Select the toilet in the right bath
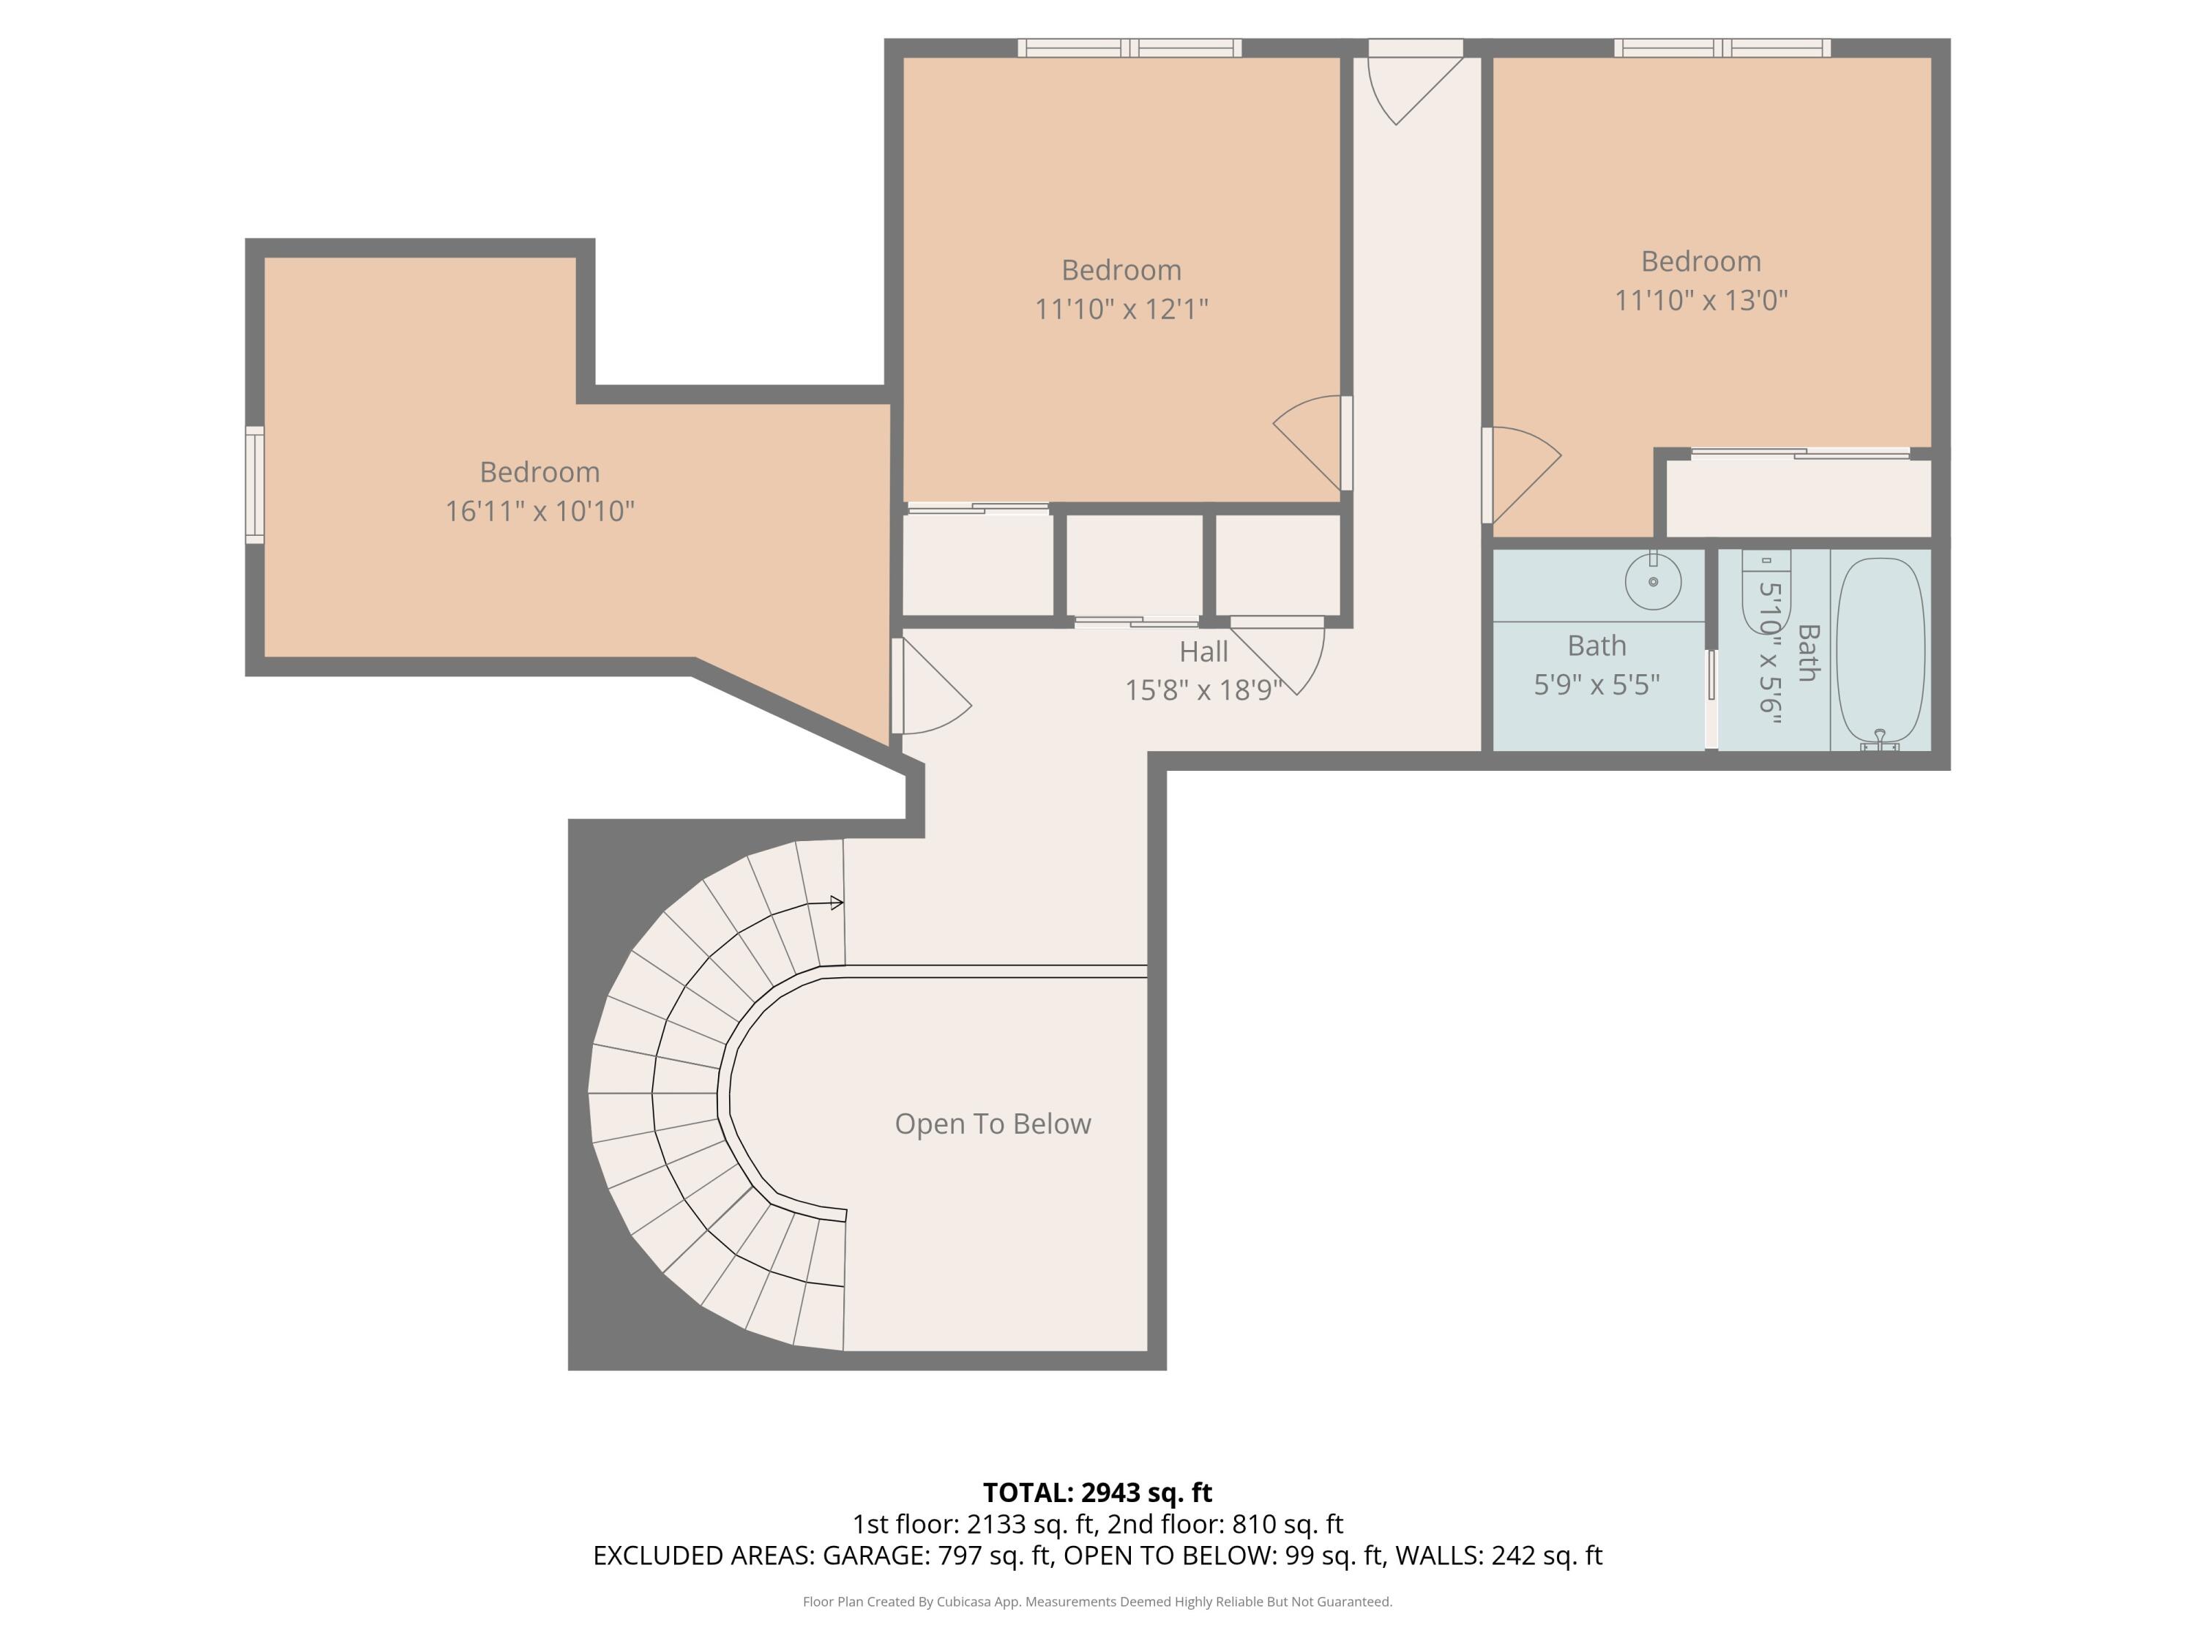click(1766, 590)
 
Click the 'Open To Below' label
click(993, 1124)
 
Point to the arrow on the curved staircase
click(836, 903)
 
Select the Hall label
click(1203, 652)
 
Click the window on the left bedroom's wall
click(255, 485)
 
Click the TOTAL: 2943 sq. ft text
click(1097, 1492)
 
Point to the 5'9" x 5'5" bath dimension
click(1596, 685)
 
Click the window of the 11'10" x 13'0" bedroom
click(1722, 48)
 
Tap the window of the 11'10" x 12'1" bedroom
click(1129, 48)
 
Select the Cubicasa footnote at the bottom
click(1097, 1602)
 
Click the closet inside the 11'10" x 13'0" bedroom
click(1797, 496)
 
